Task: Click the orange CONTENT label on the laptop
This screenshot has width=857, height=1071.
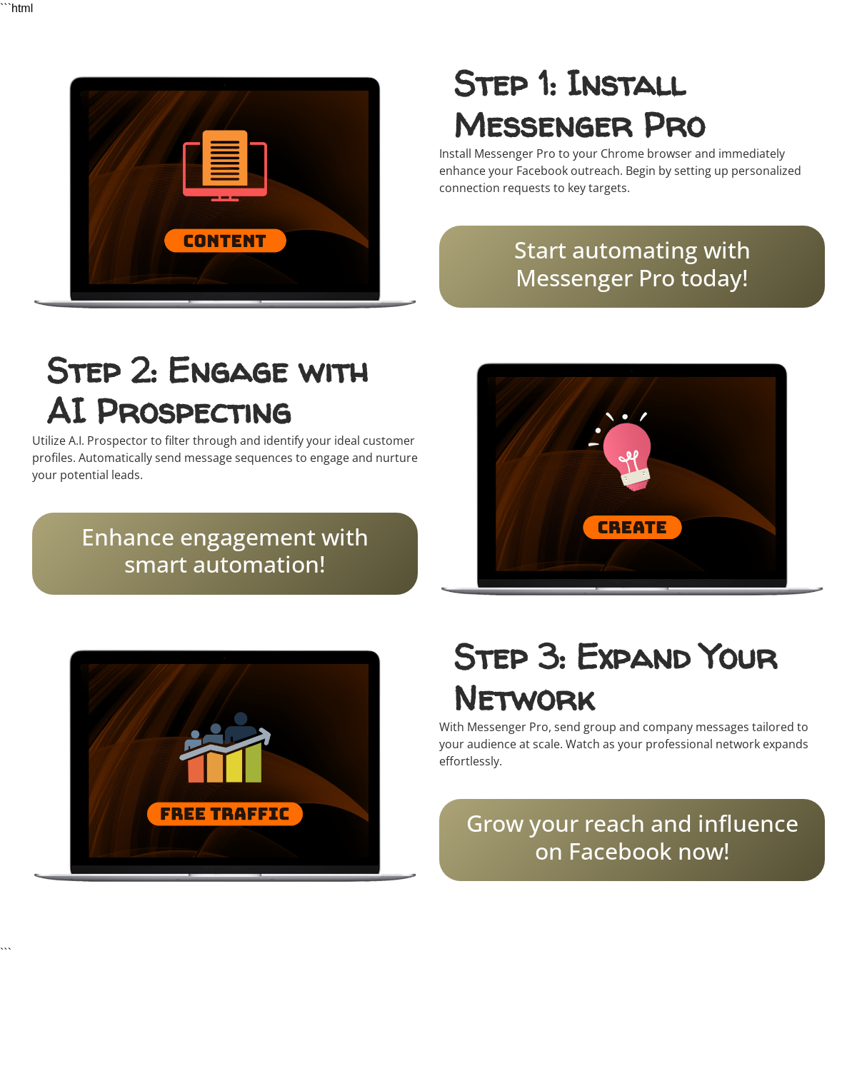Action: pos(224,241)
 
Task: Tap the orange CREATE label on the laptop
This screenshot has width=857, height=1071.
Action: pos(631,527)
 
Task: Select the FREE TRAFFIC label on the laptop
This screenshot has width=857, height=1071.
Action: pos(224,814)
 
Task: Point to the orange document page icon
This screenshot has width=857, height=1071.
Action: pos(224,158)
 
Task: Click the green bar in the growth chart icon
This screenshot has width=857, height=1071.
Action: pos(253,762)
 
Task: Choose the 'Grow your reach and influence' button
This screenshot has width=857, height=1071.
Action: pos(631,840)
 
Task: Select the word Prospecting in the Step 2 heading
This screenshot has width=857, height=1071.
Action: pos(194,411)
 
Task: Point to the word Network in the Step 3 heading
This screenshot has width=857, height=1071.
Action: pos(524,698)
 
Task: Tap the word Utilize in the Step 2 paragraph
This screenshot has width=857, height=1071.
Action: pos(49,441)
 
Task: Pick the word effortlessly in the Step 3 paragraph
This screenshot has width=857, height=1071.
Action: pos(470,761)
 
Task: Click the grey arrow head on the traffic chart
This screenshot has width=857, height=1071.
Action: pos(264,735)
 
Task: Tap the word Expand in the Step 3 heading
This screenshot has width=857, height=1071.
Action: pos(633,657)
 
